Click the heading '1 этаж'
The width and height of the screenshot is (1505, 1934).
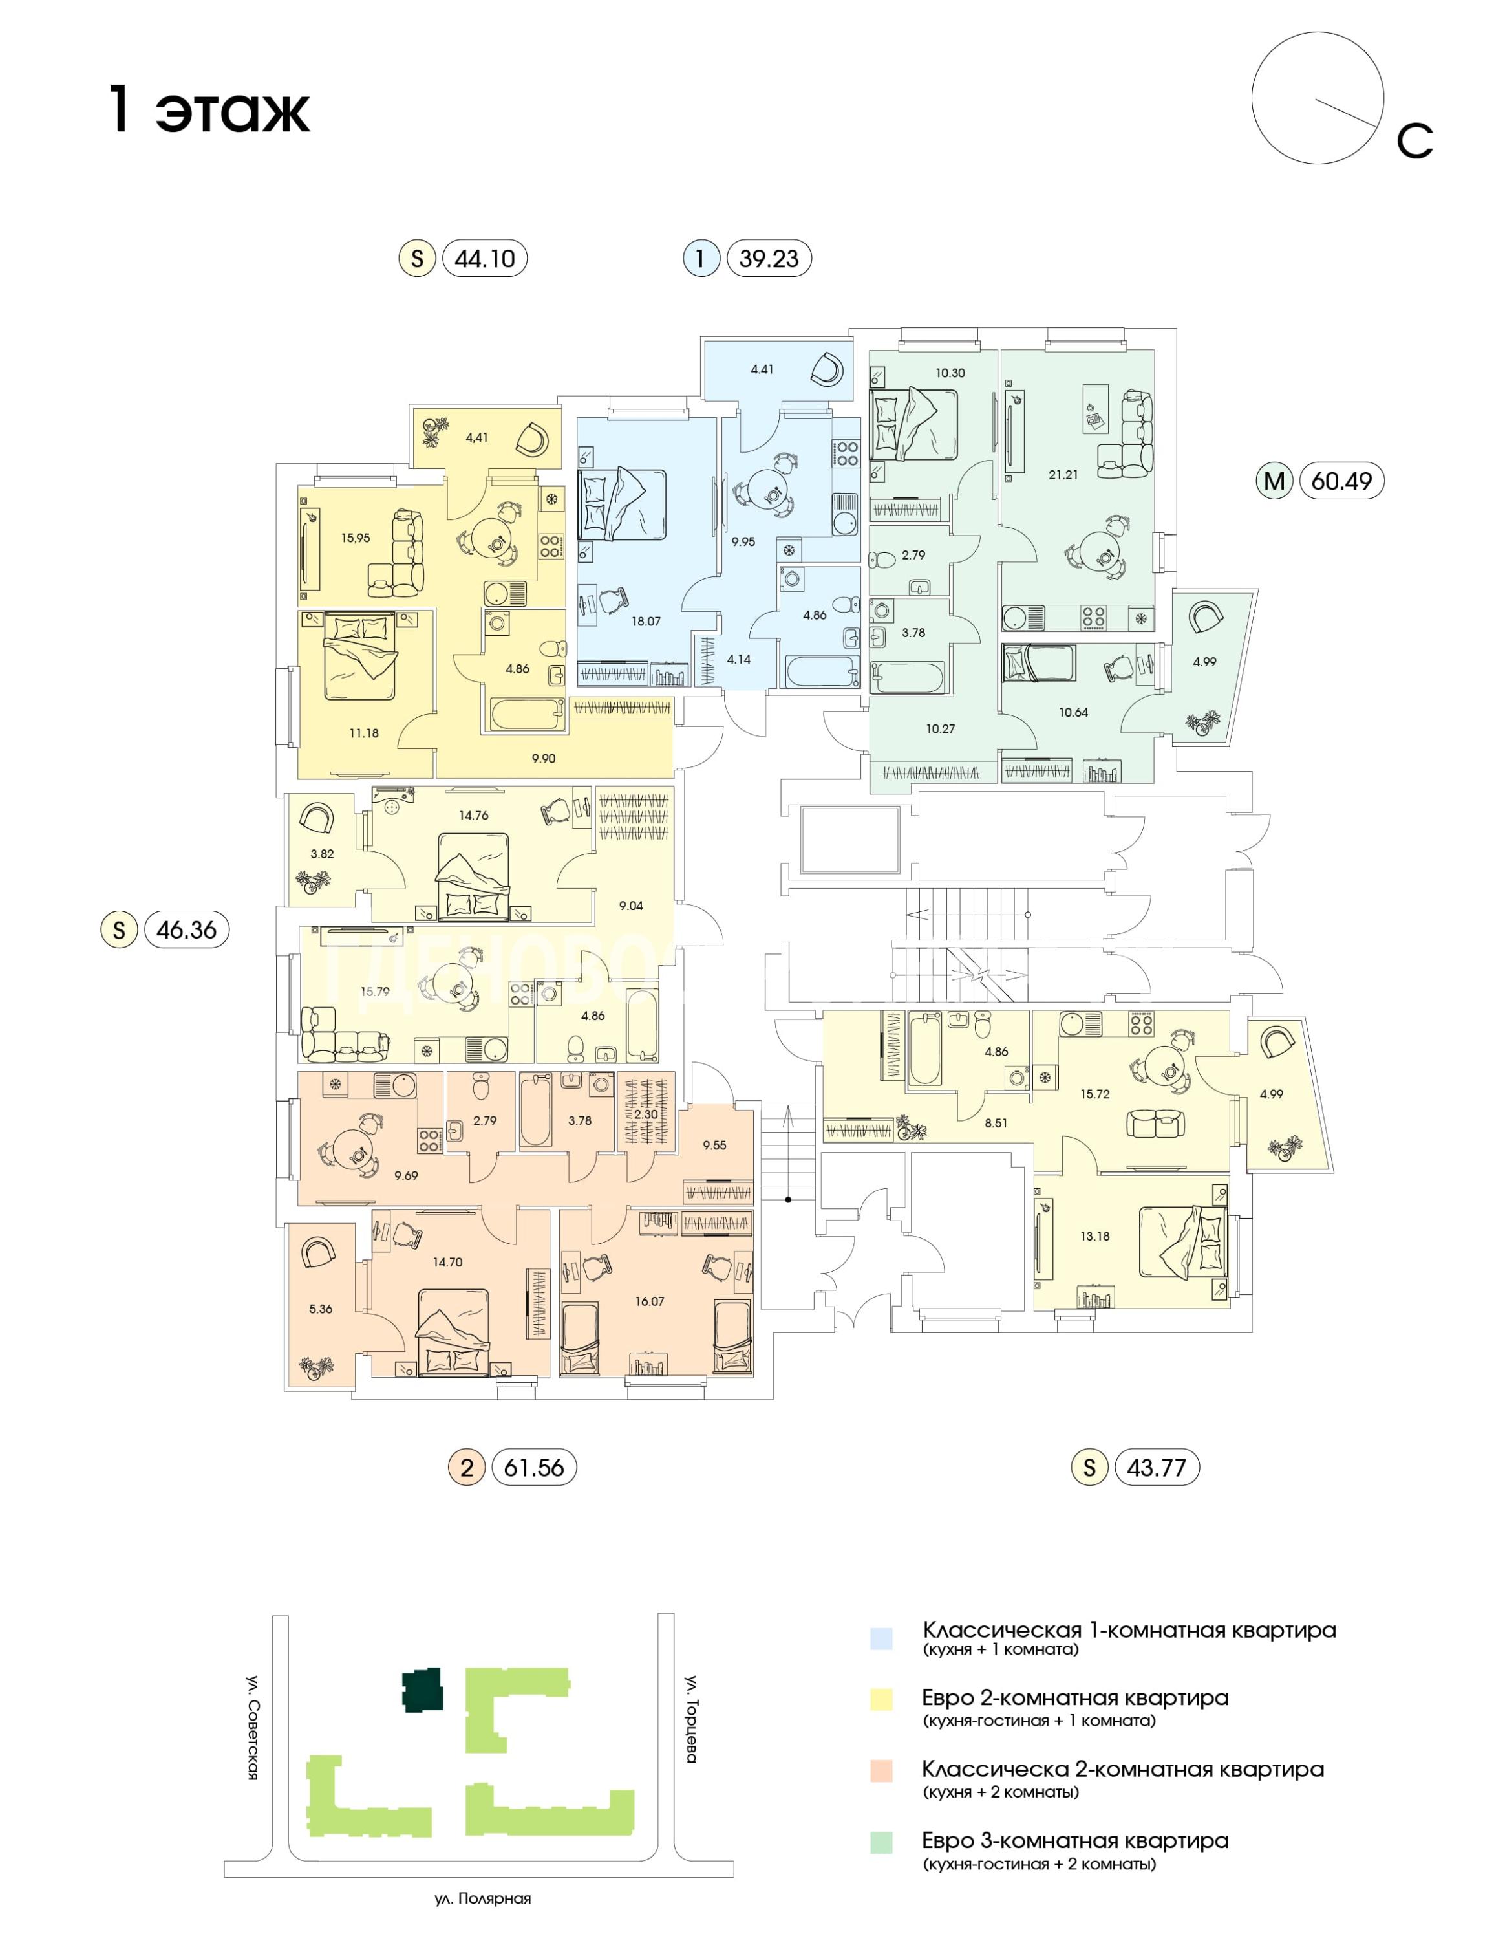pos(209,110)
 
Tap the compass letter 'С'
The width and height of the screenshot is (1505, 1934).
pos(1414,141)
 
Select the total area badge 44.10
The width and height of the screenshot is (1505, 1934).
pos(484,259)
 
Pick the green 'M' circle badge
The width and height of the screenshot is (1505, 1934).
pos(1274,481)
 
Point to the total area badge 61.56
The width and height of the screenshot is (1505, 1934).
pos(534,1468)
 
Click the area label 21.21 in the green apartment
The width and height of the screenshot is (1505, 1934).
pos(1063,475)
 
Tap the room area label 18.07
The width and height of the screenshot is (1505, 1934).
pos(646,622)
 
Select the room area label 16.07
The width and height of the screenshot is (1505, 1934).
pos(649,1301)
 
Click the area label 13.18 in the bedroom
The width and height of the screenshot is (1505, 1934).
pos(1094,1236)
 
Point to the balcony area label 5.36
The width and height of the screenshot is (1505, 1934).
pos(321,1309)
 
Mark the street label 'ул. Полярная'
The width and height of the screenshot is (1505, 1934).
pos(482,1898)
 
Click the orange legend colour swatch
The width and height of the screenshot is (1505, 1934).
pos(881,1770)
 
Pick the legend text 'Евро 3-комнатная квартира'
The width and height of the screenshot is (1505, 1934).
pos(1074,1840)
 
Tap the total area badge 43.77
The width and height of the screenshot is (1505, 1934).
pos(1156,1468)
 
